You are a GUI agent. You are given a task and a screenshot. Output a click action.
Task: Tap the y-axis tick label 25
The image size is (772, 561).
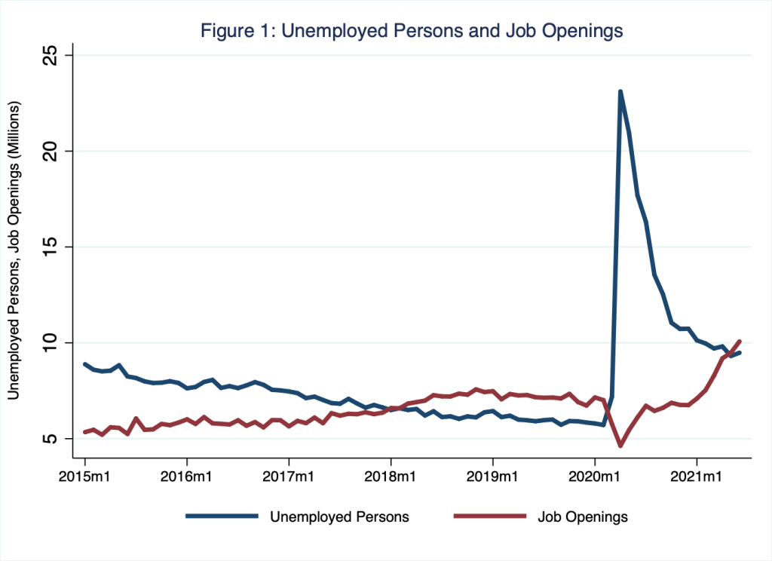[x=54, y=56]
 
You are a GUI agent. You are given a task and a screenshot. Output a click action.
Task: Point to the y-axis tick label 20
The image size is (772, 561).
[x=54, y=152]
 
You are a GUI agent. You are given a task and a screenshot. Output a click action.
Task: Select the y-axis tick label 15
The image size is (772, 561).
[x=54, y=247]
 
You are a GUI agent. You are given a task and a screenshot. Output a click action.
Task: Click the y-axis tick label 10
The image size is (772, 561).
[x=54, y=343]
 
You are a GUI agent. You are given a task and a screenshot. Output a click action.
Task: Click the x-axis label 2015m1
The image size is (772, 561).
[x=84, y=477]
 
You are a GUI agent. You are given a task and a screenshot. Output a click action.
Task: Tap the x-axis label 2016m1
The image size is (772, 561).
[x=186, y=477]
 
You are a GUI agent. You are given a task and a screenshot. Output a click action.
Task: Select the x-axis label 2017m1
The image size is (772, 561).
[x=289, y=477]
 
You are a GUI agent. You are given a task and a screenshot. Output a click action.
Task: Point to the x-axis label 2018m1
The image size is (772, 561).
[x=391, y=477]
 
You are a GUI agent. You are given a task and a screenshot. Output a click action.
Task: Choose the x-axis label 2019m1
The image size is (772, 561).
[x=492, y=477]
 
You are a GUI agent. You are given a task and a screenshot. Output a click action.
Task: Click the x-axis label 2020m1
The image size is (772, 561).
[x=595, y=477]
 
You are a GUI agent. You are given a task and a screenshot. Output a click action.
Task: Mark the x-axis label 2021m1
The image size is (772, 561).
[x=697, y=477]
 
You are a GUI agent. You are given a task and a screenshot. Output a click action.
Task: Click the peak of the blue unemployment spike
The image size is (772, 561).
[x=620, y=92]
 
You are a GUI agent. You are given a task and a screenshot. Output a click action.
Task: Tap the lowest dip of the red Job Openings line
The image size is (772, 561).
[x=620, y=446]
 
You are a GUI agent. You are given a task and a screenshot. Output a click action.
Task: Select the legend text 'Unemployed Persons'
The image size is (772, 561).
[x=339, y=517]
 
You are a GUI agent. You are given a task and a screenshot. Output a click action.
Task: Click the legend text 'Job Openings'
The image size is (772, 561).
[x=582, y=517]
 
